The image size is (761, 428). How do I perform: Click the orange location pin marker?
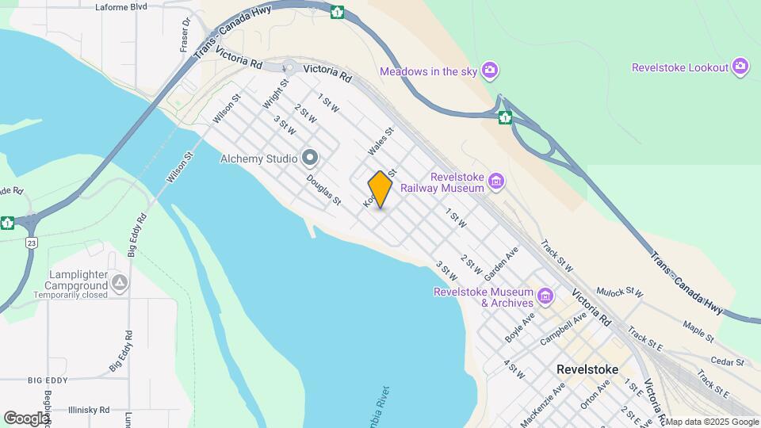[380, 189]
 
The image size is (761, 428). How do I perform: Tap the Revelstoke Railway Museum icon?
[496, 182]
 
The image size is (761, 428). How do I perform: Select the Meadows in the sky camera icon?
[491, 71]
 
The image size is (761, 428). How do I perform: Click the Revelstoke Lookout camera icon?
[740, 67]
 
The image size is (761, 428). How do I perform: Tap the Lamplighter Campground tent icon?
[119, 282]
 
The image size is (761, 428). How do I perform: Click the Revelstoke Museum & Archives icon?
[545, 297]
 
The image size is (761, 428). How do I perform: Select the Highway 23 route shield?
[31, 243]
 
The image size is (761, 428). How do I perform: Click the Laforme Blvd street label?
[121, 7]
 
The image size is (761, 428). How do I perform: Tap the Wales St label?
[380, 142]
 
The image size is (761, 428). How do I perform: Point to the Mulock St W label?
[620, 292]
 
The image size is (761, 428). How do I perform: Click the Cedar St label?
[728, 361]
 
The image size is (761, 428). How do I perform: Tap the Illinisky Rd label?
[95, 410]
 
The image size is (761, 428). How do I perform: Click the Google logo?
[26, 418]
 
